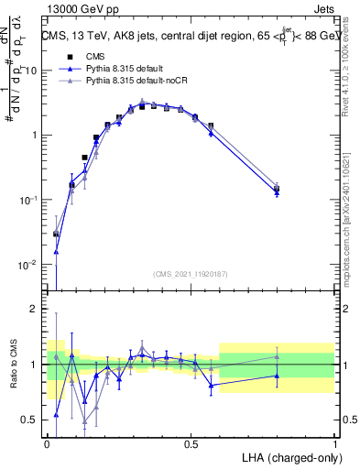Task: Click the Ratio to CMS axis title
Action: pyautogui.click(x=12, y=365)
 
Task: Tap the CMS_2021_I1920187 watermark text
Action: pyautogui.click(x=191, y=274)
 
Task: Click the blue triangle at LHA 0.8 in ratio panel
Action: pyautogui.click(x=277, y=376)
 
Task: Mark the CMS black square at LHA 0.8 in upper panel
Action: pyautogui.click(x=277, y=189)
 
